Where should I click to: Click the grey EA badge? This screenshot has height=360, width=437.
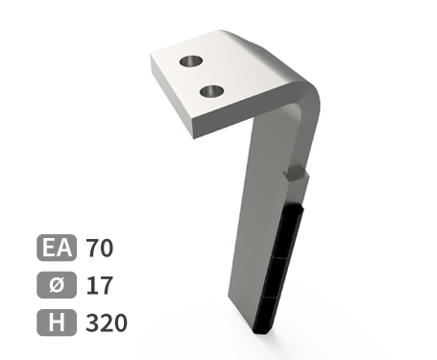pyautogui.click(x=57, y=248)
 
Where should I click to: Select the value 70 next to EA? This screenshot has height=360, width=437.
pyautogui.click(x=100, y=248)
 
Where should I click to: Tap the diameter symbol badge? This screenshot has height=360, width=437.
pyautogui.click(x=57, y=285)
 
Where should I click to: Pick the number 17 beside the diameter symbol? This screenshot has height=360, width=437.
pyautogui.click(x=100, y=285)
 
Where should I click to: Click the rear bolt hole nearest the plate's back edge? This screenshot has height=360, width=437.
pyautogui.click(x=192, y=61)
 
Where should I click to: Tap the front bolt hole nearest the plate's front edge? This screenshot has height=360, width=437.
pyautogui.click(x=211, y=91)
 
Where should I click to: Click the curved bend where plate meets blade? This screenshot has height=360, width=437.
pyautogui.click(x=305, y=96)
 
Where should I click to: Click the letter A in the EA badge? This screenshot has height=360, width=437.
pyautogui.click(x=64, y=248)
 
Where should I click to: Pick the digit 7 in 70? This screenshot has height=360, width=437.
pyautogui.click(x=93, y=248)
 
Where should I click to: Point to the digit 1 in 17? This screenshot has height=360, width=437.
pyautogui.click(x=92, y=285)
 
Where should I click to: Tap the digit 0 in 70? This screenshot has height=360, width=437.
pyautogui.click(x=107, y=248)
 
